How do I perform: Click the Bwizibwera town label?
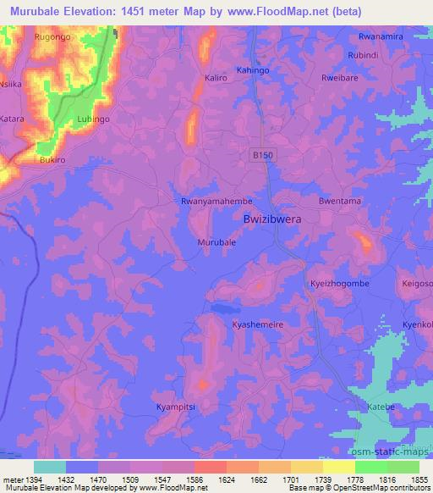click(272, 219)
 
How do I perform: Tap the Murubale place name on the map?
click(216, 241)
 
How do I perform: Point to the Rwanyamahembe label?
click(217, 202)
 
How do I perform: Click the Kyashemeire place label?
click(258, 324)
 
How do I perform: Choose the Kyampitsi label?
click(176, 407)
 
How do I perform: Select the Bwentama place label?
click(340, 202)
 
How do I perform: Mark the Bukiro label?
click(52, 160)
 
